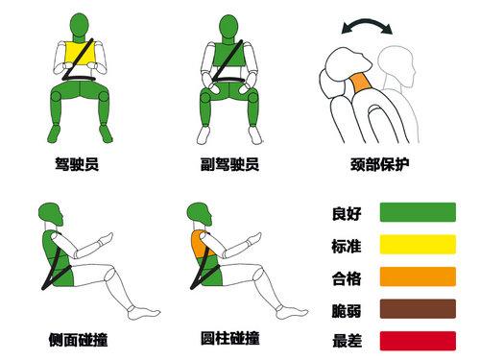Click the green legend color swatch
tap(418, 212)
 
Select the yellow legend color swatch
tap(418, 244)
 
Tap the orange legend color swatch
tap(418, 276)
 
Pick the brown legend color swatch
tap(418, 309)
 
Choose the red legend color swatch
tap(418, 341)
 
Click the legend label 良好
tap(347, 213)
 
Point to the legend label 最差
tap(347, 341)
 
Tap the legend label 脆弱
tap(347, 311)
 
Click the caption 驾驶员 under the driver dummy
tap(77, 164)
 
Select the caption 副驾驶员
tap(229, 164)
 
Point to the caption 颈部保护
tap(380, 164)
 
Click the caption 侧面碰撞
tap(78, 340)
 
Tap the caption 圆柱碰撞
tap(230, 338)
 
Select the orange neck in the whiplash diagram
tap(361, 84)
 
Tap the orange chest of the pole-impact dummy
tap(199, 243)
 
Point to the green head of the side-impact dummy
tap(50, 213)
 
